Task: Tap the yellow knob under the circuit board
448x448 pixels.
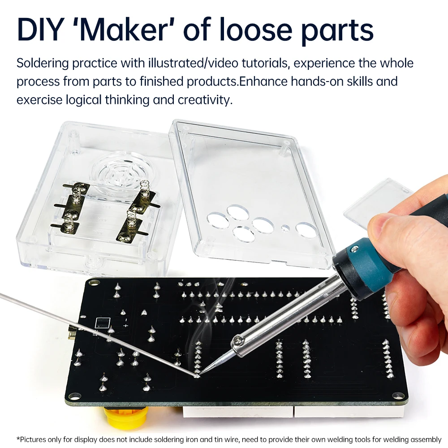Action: tap(126, 416)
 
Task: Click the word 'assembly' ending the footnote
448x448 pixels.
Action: tap(426, 439)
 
